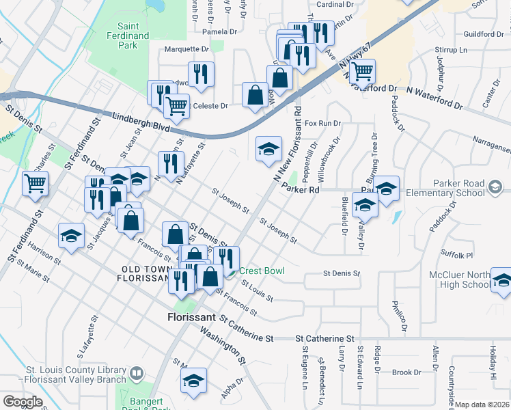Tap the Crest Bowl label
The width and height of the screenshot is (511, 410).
coord(261,271)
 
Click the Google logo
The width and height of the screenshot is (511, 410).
coord(23,401)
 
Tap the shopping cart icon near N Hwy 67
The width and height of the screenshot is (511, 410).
coord(362,70)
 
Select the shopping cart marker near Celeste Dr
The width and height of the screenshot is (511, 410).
coord(177,106)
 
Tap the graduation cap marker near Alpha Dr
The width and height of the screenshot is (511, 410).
coord(194,380)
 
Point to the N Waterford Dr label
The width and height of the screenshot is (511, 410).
coord(434,95)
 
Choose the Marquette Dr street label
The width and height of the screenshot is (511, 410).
coord(187,49)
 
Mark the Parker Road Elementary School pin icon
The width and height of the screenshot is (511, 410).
coord(496,185)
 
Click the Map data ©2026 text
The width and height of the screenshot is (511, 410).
coord(482,405)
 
